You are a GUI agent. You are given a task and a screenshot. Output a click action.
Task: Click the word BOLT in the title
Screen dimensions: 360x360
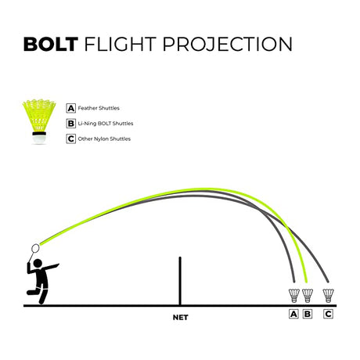[x=51, y=44]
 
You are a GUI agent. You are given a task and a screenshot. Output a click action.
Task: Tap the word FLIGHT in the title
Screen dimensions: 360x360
[x=121, y=44]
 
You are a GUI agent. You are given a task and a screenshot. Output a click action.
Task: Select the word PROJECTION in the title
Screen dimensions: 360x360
[x=227, y=44]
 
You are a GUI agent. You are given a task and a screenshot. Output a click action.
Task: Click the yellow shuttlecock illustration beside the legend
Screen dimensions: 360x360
[x=39, y=121]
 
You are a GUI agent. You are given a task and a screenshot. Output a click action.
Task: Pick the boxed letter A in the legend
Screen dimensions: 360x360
[x=70, y=108]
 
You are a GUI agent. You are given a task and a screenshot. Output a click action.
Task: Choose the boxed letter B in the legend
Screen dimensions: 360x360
[x=70, y=124]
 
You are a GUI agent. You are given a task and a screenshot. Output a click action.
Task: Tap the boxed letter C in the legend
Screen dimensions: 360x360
[x=70, y=139]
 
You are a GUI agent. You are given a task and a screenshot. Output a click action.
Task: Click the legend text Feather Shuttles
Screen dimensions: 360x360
[x=99, y=108]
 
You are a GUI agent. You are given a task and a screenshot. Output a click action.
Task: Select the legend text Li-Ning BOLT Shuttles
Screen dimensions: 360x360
[x=106, y=124]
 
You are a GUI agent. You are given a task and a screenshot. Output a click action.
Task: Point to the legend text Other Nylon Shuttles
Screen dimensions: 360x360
[x=104, y=139]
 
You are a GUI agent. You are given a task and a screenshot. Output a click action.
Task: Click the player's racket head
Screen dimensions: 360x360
[x=35, y=248]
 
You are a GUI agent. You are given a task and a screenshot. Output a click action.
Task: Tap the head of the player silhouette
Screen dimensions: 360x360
[x=38, y=263]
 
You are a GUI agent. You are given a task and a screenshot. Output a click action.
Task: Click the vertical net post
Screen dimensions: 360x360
[x=180, y=281]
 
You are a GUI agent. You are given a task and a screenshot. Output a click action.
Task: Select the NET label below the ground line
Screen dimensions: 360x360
[x=180, y=318]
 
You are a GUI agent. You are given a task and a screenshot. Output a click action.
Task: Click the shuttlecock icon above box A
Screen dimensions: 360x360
[x=294, y=295]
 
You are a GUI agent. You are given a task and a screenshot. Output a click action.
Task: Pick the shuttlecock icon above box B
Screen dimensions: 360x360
[x=308, y=295]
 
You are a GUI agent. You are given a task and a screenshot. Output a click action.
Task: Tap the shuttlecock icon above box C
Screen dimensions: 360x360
[x=328, y=295]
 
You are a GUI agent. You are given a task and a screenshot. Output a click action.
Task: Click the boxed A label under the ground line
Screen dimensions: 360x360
[x=293, y=314]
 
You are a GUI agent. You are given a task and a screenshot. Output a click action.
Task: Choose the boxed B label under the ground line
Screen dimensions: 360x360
[x=308, y=314]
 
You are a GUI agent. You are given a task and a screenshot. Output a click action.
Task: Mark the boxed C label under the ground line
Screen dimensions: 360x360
[x=328, y=314]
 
